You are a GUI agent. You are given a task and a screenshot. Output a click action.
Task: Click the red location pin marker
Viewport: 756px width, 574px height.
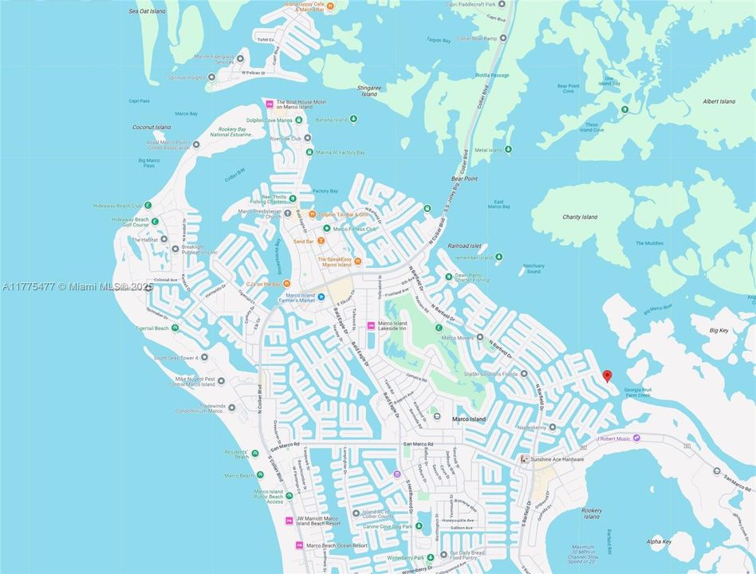[x=607, y=375]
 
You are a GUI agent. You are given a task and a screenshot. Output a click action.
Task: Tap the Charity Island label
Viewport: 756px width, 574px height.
[x=580, y=217]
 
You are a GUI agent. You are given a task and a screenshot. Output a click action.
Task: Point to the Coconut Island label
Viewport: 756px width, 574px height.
[x=152, y=128]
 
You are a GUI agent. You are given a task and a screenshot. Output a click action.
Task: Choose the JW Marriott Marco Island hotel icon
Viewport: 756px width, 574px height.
[x=289, y=521]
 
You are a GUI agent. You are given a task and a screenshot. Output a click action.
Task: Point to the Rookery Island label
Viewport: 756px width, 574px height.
[x=591, y=513]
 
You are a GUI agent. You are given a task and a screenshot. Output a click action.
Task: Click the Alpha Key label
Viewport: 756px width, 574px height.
[x=660, y=541]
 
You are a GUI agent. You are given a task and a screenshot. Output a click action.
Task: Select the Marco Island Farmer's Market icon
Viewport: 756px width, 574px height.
[x=321, y=297]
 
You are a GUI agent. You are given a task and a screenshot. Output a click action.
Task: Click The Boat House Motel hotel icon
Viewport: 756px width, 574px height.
[x=270, y=104]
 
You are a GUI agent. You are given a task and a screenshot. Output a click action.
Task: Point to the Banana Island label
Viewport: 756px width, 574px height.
[x=330, y=120]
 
